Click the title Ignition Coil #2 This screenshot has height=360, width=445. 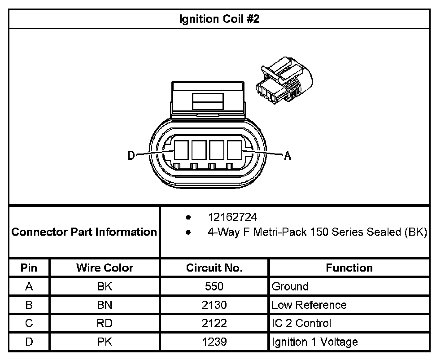[219, 19]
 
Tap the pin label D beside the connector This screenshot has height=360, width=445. [131, 155]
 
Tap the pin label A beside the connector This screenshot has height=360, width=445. [288, 156]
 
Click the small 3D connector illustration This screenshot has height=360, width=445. [282, 81]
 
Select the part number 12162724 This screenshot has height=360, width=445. [232, 217]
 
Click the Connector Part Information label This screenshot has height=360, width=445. [84, 232]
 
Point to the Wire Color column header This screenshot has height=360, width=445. [105, 268]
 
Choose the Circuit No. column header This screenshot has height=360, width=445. [214, 268]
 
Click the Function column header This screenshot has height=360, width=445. [349, 268]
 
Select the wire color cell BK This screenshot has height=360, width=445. [105, 286]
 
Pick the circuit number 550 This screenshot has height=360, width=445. [214, 286]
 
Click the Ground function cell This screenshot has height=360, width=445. [290, 286]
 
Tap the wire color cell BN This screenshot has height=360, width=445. [105, 305]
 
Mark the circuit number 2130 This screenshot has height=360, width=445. [214, 305]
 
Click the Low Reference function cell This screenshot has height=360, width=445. [309, 305]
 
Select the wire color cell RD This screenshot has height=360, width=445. [105, 323]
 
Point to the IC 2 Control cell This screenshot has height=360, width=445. [301, 323]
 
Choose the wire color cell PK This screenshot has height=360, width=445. [105, 342]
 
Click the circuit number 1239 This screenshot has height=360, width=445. [214, 342]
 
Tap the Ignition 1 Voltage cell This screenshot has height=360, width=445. [314, 342]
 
